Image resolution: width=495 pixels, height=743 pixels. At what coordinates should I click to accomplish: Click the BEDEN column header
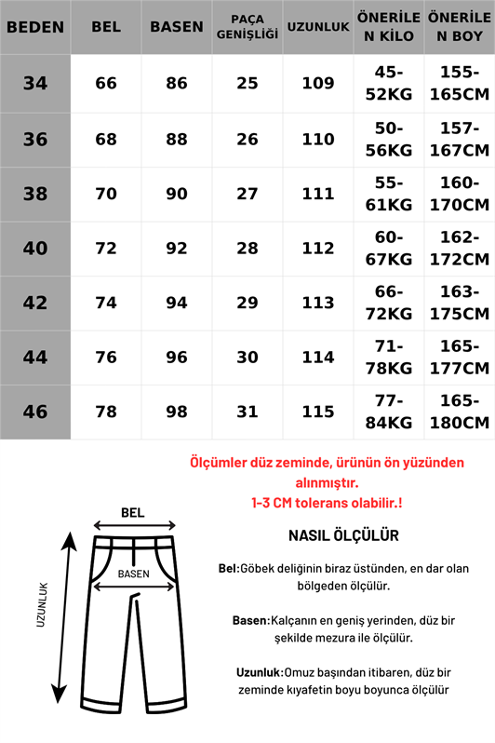click(35, 27)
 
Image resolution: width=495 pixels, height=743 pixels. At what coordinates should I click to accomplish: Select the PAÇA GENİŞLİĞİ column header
click(247, 27)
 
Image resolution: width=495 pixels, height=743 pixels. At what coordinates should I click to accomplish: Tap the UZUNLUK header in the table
click(318, 27)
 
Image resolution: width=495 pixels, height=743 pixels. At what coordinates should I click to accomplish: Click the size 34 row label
click(35, 84)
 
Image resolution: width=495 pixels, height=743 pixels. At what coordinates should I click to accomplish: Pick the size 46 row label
click(35, 412)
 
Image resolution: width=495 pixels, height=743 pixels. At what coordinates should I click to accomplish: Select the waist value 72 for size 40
click(106, 248)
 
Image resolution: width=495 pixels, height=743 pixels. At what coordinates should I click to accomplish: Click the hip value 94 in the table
click(177, 303)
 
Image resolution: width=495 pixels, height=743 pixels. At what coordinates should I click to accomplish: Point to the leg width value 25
click(247, 84)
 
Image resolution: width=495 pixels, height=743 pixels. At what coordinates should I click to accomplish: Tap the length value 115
click(318, 412)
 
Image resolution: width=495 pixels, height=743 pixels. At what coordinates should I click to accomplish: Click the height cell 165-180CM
click(460, 412)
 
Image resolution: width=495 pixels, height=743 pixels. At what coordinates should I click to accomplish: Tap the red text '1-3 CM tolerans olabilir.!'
click(327, 502)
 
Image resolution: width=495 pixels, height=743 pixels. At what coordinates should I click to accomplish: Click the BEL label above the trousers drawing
click(134, 512)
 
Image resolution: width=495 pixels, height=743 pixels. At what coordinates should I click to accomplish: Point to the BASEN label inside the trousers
click(135, 574)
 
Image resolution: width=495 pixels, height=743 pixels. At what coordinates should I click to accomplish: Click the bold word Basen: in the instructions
click(250, 620)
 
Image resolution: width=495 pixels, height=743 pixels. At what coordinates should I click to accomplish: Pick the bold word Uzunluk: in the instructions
click(259, 671)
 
